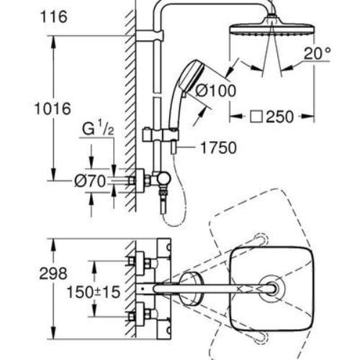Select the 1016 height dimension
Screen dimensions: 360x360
click(55, 109)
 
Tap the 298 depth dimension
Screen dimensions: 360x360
click(53, 274)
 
